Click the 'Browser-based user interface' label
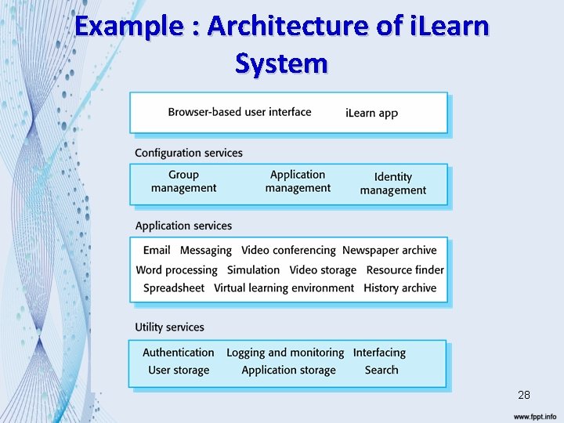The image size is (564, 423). [239, 112]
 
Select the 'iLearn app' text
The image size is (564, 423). [371, 113]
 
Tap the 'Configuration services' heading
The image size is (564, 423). [189, 153]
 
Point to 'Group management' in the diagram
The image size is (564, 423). [183, 181]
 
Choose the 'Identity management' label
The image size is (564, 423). [392, 183]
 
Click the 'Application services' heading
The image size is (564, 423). [183, 226]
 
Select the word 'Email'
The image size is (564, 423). [157, 250]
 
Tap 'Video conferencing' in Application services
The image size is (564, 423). [288, 250]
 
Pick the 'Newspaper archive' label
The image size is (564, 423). [389, 250]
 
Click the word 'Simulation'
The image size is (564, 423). [253, 269]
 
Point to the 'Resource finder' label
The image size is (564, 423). [405, 269]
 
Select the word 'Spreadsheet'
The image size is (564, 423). [174, 287]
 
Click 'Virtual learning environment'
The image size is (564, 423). [284, 287]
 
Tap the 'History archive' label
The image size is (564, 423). [399, 287]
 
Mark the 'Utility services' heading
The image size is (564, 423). [169, 327]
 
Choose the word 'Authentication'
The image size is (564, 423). [179, 352]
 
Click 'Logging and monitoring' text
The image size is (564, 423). [285, 352]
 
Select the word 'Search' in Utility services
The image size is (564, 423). [381, 370]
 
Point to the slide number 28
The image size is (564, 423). [524, 395]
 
